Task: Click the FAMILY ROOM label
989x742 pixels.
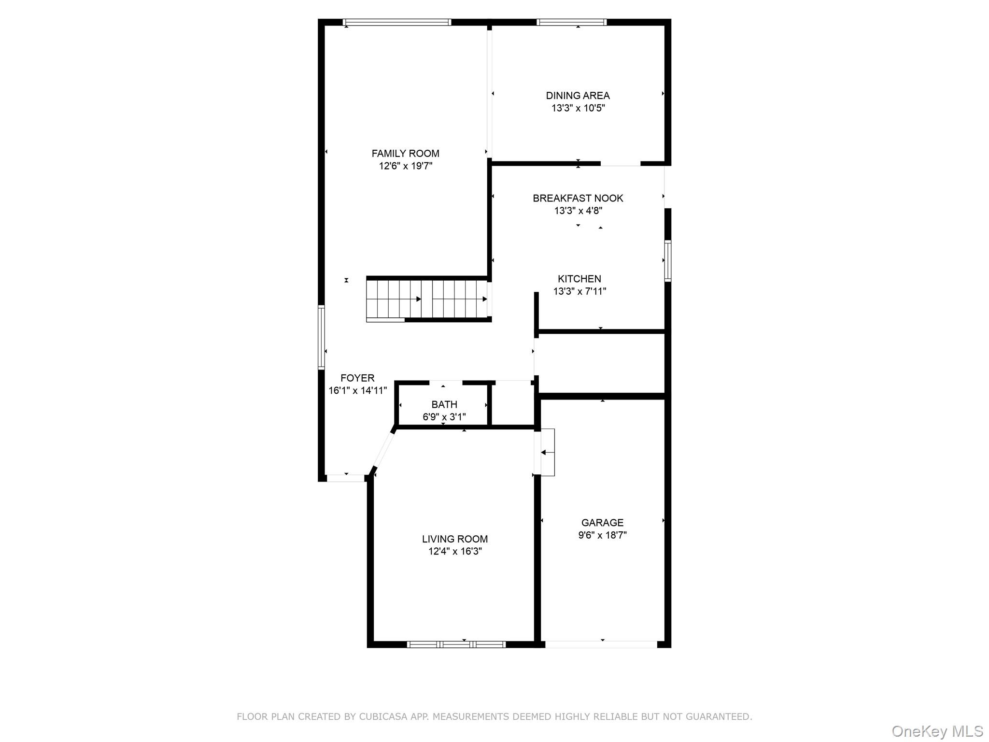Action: tap(405, 154)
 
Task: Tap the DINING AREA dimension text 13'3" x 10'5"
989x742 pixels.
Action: tap(578, 108)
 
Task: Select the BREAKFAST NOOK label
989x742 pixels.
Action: tap(578, 198)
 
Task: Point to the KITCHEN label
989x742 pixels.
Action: tap(579, 279)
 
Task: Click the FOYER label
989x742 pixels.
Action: tap(357, 378)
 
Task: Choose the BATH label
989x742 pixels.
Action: tap(444, 405)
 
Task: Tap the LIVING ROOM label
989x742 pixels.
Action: tap(455, 539)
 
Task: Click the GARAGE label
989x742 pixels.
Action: tap(602, 523)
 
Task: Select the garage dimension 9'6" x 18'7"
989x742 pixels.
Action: tap(602, 535)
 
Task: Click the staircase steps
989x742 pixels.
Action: tap(427, 300)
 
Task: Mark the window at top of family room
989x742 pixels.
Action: tap(397, 22)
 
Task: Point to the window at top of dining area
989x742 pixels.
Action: tap(572, 22)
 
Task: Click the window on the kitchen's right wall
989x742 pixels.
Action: tap(668, 261)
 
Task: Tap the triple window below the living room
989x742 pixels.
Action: tap(456, 644)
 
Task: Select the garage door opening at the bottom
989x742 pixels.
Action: tap(601, 644)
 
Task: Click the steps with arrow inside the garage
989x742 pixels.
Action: tap(548, 453)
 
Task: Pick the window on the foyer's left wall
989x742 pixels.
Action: tap(321, 337)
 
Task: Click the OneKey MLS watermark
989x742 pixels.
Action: tap(937, 731)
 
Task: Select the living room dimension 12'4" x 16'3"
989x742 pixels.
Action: tap(455, 552)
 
